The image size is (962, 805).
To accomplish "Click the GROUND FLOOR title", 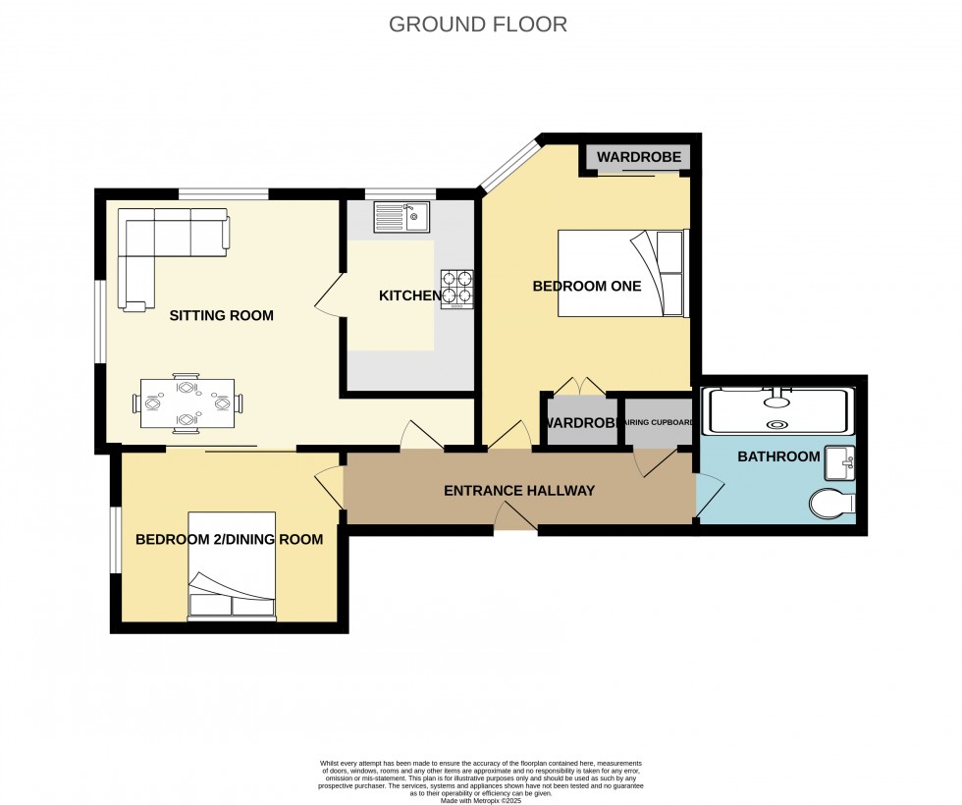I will pos(478,25).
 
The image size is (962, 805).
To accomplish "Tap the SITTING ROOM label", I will pos(221,315).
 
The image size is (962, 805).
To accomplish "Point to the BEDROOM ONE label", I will pos(586,287).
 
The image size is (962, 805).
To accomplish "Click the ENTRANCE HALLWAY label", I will pos(519,490).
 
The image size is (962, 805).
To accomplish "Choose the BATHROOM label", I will pos(777,456).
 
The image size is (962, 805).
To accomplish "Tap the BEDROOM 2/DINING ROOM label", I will pos(229,539).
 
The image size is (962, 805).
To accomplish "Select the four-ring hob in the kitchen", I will pos(456,289).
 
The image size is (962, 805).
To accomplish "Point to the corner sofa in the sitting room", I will pos(167,245).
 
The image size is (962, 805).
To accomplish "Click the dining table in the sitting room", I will pos(187,402).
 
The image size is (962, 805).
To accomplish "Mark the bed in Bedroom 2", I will pos(232,566).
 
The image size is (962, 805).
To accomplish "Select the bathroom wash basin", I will pos(839,461).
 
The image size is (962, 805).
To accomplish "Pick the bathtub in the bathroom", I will pos(777,410).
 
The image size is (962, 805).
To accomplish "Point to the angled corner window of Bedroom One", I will pos(508,164).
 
